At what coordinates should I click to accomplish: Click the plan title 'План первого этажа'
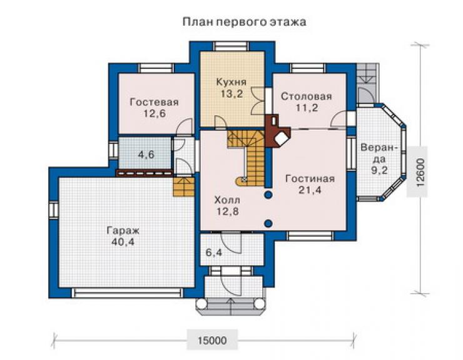(244, 22)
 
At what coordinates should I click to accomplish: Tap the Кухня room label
(232, 82)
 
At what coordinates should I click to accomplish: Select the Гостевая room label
(154, 102)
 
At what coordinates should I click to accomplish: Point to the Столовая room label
(306, 96)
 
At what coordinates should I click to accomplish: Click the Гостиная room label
(310, 178)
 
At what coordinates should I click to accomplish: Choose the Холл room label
(227, 200)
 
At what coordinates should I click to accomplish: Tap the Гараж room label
(123, 230)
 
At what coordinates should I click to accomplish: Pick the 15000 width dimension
(212, 341)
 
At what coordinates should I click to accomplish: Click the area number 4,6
(146, 155)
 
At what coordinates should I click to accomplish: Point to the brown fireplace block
(278, 130)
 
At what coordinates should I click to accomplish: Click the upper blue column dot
(268, 195)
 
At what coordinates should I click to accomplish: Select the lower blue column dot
(268, 224)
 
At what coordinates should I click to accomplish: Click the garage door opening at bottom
(128, 292)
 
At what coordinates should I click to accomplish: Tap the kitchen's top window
(232, 46)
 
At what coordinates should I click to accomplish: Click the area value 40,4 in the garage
(123, 242)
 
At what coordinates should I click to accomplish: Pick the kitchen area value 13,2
(232, 94)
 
